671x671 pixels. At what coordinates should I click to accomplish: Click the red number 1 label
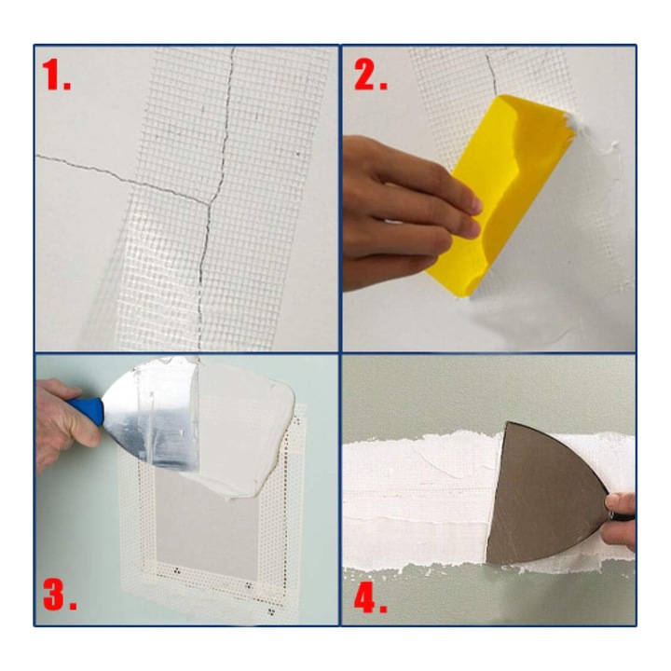point(57,75)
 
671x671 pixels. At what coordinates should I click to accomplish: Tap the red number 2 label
point(371,75)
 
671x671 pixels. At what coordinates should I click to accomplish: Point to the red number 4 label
point(371,597)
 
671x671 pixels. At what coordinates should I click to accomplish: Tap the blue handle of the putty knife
point(87,410)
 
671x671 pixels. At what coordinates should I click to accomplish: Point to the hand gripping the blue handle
point(64,421)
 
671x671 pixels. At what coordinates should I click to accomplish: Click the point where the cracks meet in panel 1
point(210,204)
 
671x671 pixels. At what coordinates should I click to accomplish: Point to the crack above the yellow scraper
point(491,74)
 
